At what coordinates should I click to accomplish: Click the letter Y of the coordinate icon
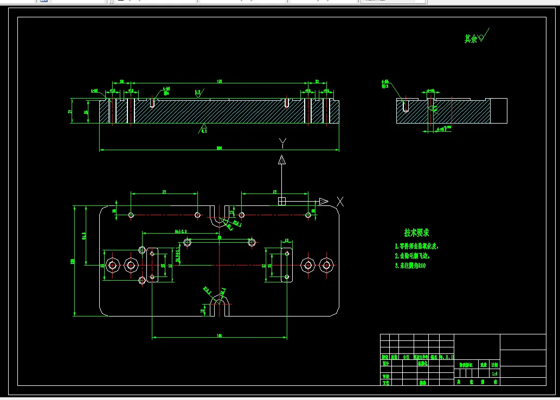[282, 143]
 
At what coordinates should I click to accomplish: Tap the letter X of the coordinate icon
[340, 201]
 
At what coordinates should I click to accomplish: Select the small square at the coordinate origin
[282, 201]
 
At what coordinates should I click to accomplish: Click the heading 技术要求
[416, 233]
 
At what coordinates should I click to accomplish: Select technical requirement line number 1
[416, 246]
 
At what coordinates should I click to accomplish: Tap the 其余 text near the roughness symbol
[471, 39]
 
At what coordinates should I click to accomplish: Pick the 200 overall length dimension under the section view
[219, 147]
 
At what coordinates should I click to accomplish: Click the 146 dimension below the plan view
[219, 336]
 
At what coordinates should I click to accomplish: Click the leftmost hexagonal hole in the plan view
[113, 264]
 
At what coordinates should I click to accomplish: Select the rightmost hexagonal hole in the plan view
[326, 264]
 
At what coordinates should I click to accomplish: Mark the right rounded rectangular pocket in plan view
[286, 264]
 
